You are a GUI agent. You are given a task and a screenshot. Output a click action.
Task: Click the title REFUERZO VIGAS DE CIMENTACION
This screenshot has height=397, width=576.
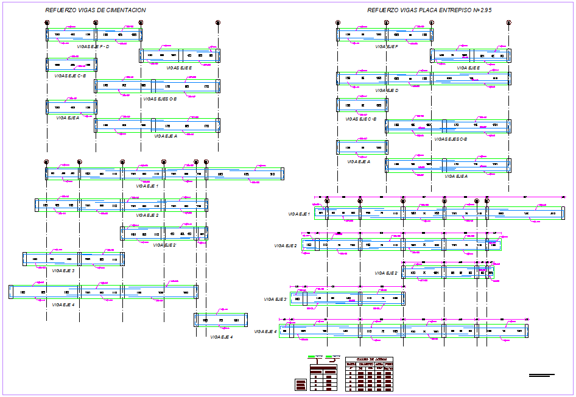point(96,10)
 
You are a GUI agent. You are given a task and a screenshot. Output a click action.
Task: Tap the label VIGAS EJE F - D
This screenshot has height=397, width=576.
point(91,46)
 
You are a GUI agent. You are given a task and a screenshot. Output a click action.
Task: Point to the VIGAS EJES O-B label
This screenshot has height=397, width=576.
point(160,99)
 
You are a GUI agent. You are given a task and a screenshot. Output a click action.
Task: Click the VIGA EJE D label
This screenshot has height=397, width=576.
point(387,90)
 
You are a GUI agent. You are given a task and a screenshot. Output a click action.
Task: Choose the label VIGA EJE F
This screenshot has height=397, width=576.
point(387,46)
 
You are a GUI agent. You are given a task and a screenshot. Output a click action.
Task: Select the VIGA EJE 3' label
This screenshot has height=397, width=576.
point(275,299)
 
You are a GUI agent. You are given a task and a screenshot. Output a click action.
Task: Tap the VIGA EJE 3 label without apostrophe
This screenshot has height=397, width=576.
point(63,270)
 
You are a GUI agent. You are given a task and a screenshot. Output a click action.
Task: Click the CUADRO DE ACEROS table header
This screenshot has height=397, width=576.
point(369,359)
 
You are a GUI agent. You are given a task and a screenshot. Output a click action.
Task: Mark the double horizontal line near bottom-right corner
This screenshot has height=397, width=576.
point(542,376)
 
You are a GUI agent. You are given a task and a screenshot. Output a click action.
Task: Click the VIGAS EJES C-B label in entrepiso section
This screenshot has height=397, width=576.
point(451,139)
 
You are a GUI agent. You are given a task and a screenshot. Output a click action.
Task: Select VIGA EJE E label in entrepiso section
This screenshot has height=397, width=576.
point(468,68)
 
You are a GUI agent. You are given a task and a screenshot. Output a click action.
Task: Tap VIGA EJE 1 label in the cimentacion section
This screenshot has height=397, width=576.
point(148,186)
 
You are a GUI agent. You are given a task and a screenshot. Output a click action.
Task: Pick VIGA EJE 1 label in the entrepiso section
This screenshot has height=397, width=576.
point(300,214)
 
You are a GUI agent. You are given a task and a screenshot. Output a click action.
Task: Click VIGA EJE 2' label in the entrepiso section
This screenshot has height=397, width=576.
point(386,273)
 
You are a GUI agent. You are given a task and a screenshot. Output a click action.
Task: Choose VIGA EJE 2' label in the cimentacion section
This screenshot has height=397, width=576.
point(164,245)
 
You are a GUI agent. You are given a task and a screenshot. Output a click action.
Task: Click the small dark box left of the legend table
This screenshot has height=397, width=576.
point(300,385)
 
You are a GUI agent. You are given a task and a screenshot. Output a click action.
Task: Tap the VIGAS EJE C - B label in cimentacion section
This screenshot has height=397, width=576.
point(70,76)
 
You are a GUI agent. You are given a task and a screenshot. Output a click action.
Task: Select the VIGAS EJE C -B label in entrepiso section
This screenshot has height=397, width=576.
point(361,119)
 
